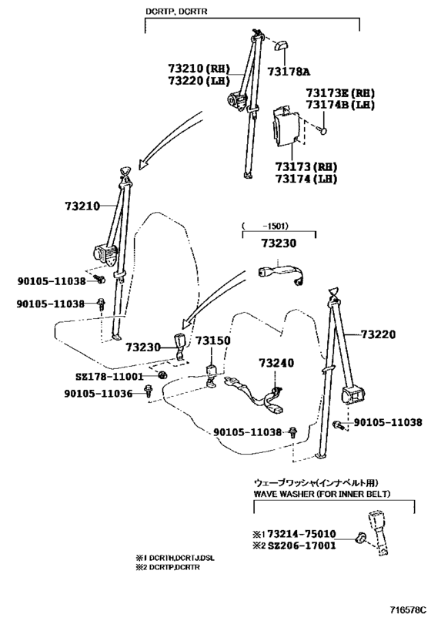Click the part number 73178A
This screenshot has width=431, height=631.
pos(289,72)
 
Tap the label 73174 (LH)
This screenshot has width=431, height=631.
pos(306,179)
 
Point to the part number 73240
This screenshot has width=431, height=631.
pos(276,363)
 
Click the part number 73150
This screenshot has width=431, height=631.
pos(213,341)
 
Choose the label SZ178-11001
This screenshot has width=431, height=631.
pos(109,377)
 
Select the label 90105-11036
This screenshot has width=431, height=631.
pos(98,393)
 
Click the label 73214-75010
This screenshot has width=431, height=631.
pos(301,534)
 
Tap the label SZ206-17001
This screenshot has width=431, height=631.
pos(301,545)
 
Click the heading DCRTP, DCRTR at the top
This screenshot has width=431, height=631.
pos(176,12)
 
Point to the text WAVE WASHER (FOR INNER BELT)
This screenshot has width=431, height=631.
pos(322,494)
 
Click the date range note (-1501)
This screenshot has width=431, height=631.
pos(266,227)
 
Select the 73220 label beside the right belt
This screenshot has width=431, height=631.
pos(378,334)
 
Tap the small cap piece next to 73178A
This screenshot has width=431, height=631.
pos(280,46)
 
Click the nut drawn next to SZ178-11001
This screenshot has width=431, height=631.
pos(162,375)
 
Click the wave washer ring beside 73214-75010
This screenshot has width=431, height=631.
pos(360,537)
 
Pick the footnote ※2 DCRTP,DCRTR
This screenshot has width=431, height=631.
pos(168,567)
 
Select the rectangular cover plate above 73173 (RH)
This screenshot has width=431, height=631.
pos(286,126)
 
